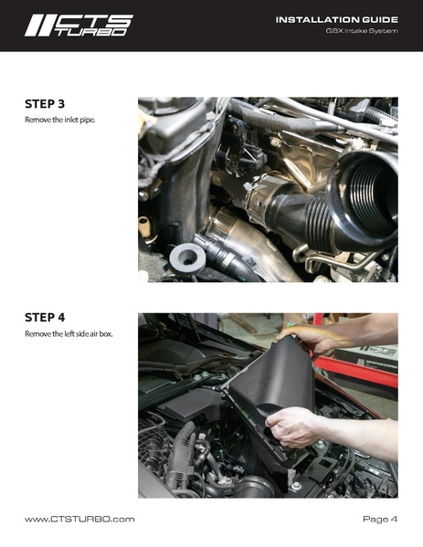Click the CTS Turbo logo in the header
(79, 26)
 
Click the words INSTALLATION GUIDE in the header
(337, 20)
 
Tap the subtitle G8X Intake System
(362, 31)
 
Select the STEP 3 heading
(45, 104)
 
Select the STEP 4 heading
(45, 318)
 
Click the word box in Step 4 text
(106, 334)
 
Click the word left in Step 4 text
(69, 334)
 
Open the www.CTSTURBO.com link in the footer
(79, 519)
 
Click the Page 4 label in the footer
(380, 519)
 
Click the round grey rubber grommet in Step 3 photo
(187, 258)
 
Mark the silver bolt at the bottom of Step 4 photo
(297, 486)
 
